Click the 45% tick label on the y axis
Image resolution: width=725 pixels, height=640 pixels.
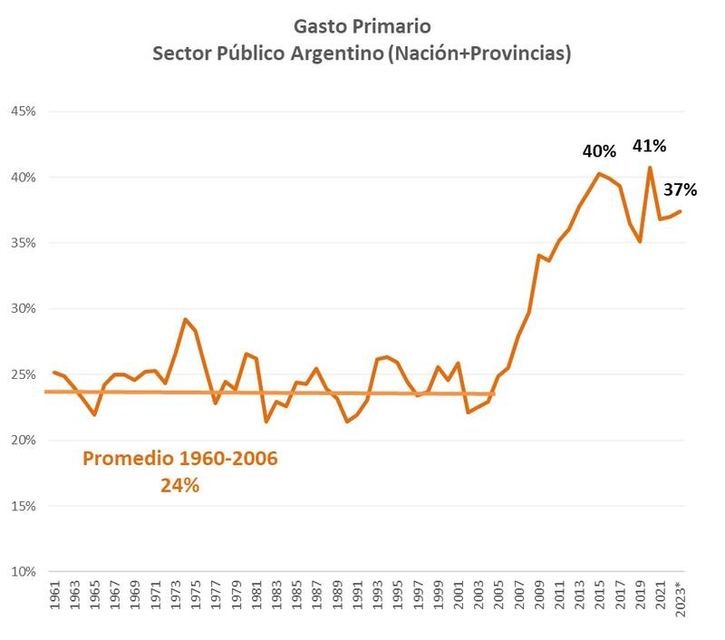(22, 112)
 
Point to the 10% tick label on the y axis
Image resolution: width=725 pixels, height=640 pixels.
(22, 572)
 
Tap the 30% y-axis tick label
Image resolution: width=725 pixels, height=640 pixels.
(22, 309)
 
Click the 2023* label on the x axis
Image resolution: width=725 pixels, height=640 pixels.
(681, 606)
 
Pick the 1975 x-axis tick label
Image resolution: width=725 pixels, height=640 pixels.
(196, 603)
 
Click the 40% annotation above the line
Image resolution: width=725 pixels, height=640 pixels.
(599, 150)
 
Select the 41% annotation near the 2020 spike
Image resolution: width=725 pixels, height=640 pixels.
(649, 145)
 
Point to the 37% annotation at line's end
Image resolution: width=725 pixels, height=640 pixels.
(679, 189)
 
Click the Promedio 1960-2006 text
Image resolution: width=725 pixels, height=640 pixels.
(180, 459)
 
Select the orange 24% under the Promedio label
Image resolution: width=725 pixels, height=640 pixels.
(180, 486)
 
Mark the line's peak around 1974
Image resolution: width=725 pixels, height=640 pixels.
(185, 319)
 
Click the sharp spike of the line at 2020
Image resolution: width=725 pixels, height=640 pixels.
(650, 167)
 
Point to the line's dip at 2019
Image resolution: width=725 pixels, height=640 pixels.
(640, 241)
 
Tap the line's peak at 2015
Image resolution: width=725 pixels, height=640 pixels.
(599, 173)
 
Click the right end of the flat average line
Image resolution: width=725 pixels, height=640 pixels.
(494, 393)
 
